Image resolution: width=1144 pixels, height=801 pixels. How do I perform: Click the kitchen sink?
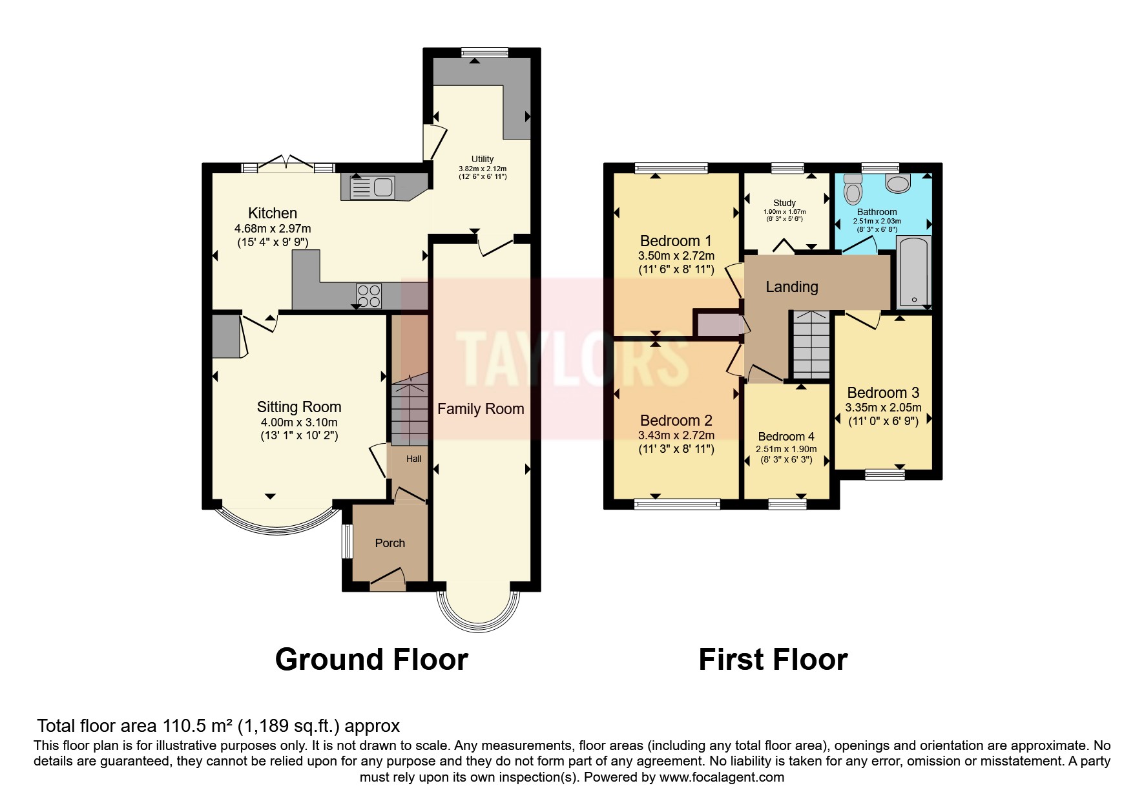pos(372,187)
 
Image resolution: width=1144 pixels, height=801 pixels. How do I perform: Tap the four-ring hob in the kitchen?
pos(369,296)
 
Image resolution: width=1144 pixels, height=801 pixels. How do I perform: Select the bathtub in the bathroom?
pos(913,271)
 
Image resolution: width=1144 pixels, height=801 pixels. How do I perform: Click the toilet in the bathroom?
pos(853,189)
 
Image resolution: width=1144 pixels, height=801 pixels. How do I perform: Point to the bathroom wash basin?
pos(898,184)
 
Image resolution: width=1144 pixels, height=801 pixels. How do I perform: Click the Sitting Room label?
pos(299,407)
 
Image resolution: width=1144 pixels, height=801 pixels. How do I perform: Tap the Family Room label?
pos(481,409)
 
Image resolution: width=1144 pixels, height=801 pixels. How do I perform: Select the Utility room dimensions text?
pos(483,172)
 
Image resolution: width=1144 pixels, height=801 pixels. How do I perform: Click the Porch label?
pos(390,543)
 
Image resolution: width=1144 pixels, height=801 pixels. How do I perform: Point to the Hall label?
pos(413,459)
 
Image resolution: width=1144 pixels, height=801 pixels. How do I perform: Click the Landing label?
pos(792,287)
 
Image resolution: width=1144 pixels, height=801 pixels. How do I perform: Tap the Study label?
pos(784,203)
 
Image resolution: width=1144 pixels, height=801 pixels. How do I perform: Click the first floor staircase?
pos(811,346)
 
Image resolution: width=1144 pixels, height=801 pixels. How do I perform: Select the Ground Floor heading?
pos(371,660)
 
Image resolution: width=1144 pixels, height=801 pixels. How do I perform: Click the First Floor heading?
pos(773,660)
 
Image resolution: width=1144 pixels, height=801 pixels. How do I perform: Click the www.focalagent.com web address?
pos(722,777)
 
